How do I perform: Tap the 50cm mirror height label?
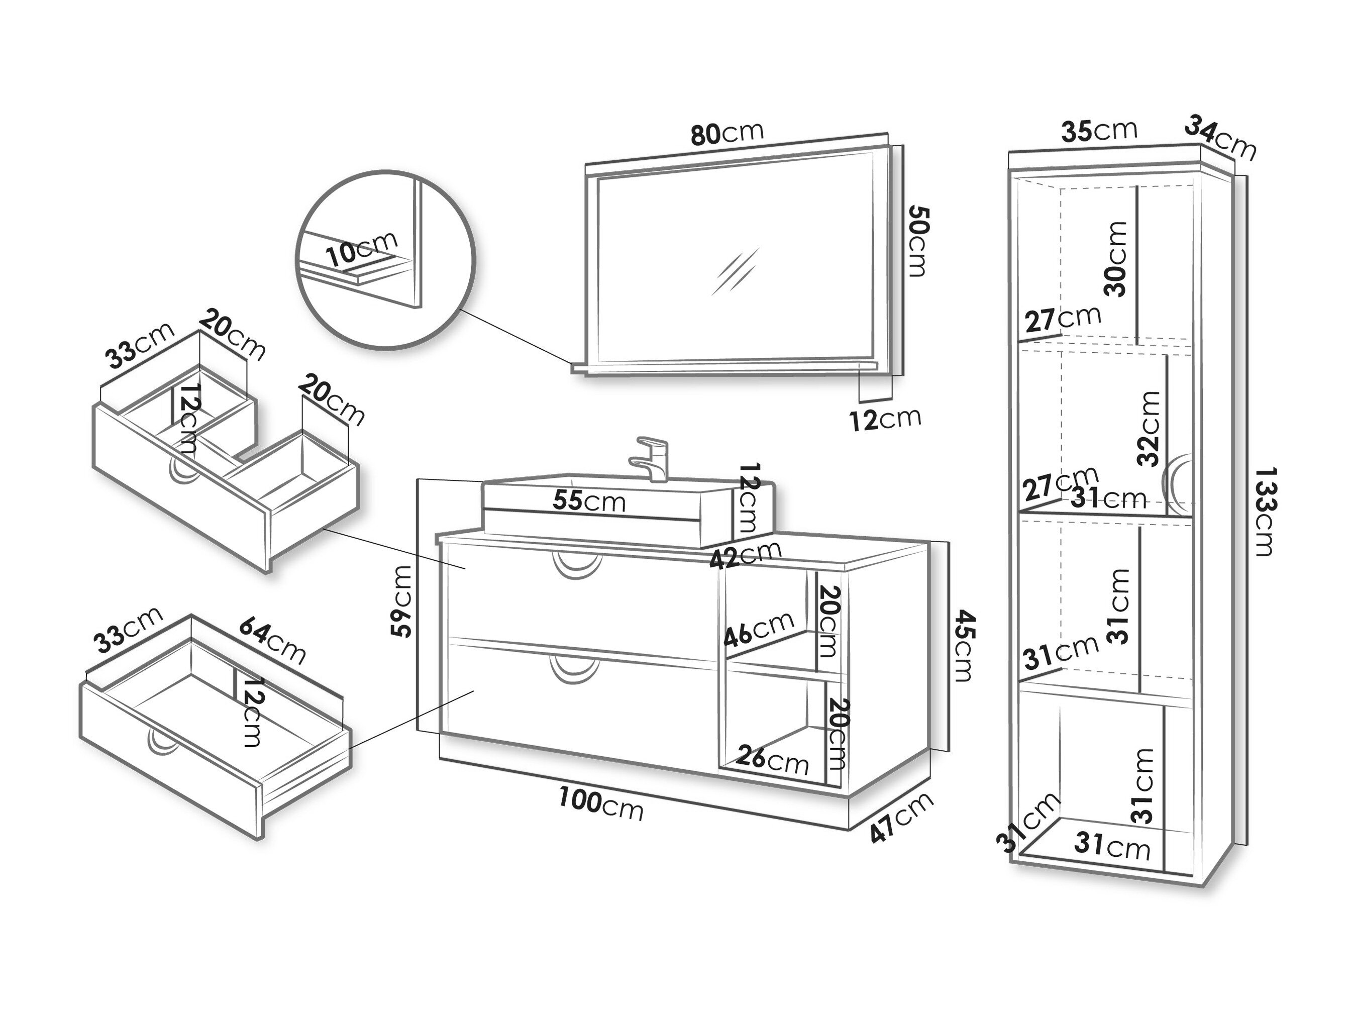(918, 241)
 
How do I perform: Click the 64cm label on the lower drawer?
(272, 640)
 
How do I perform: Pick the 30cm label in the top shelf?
(1115, 259)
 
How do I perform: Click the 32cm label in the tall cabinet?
(1149, 428)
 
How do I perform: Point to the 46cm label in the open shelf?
(759, 628)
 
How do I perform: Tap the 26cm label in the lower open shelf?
(772, 759)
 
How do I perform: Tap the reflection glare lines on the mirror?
(736, 272)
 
